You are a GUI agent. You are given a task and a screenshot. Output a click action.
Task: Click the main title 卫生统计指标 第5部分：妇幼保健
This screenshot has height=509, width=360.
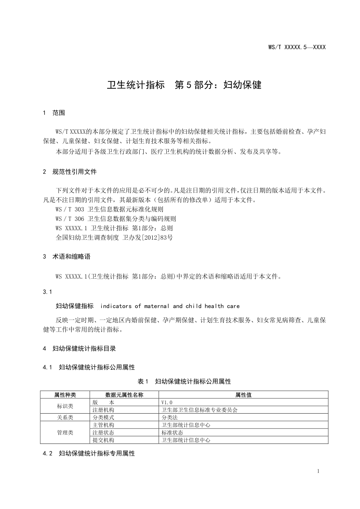point(184,85)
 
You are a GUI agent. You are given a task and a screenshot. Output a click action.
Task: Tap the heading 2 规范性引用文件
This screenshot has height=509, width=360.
point(70,172)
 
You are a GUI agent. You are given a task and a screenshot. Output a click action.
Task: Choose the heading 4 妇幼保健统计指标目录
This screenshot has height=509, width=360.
point(79,348)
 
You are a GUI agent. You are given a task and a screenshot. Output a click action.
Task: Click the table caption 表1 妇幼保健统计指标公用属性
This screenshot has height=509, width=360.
point(184,381)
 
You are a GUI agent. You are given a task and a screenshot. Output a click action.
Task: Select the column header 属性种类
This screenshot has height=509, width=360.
point(65,395)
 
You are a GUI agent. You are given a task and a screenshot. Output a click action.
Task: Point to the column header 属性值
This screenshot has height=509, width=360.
point(243,395)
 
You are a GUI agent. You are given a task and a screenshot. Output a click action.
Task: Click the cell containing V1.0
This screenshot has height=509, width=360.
point(167,402)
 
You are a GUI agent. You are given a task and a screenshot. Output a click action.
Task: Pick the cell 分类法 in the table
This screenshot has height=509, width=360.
point(169,418)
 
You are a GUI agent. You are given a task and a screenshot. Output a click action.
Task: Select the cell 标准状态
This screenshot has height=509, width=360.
point(172,433)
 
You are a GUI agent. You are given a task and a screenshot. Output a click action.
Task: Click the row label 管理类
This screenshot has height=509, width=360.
point(65,433)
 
